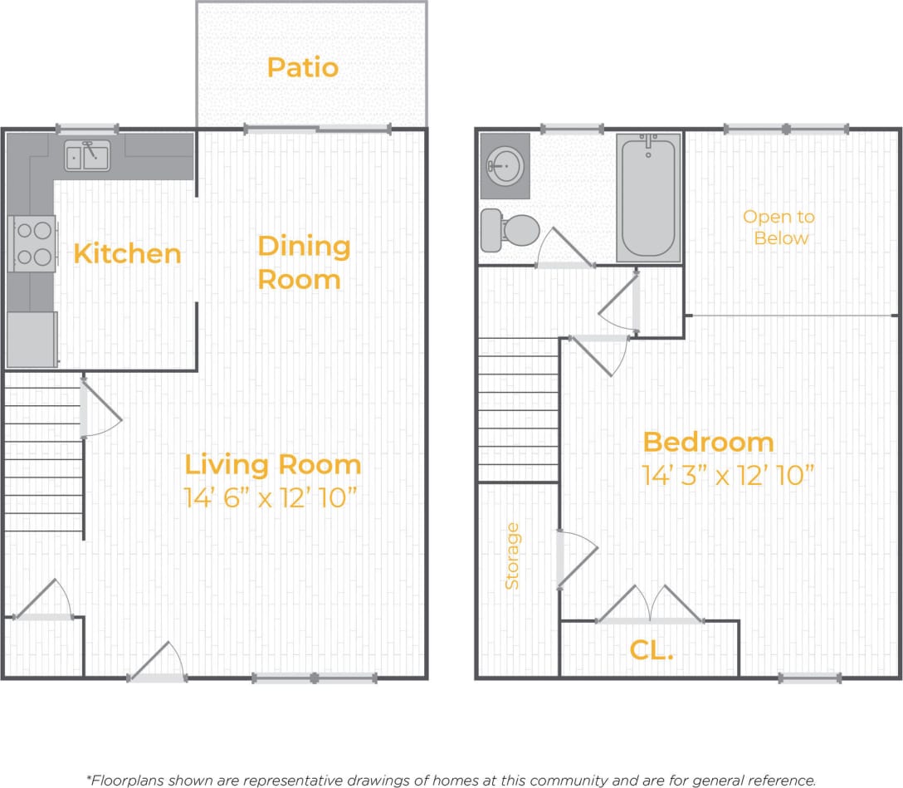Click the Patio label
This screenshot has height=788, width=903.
click(303, 67)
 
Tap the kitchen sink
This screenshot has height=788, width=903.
click(87, 154)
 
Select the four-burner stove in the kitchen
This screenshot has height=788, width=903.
click(32, 243)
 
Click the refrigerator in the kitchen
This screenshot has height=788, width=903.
click(32, 339)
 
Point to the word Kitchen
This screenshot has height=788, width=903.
click(127, 253)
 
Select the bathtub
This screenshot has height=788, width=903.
click(648, 198)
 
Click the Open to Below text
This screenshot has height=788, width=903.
click(779, 228)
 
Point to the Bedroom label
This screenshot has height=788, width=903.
click(708, 442)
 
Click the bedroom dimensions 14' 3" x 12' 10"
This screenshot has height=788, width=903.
click(727, 476)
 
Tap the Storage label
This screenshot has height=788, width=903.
click(512, 556)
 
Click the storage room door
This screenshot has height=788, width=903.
click(575, 559)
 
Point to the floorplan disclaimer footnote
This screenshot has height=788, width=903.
click(451, 780)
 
